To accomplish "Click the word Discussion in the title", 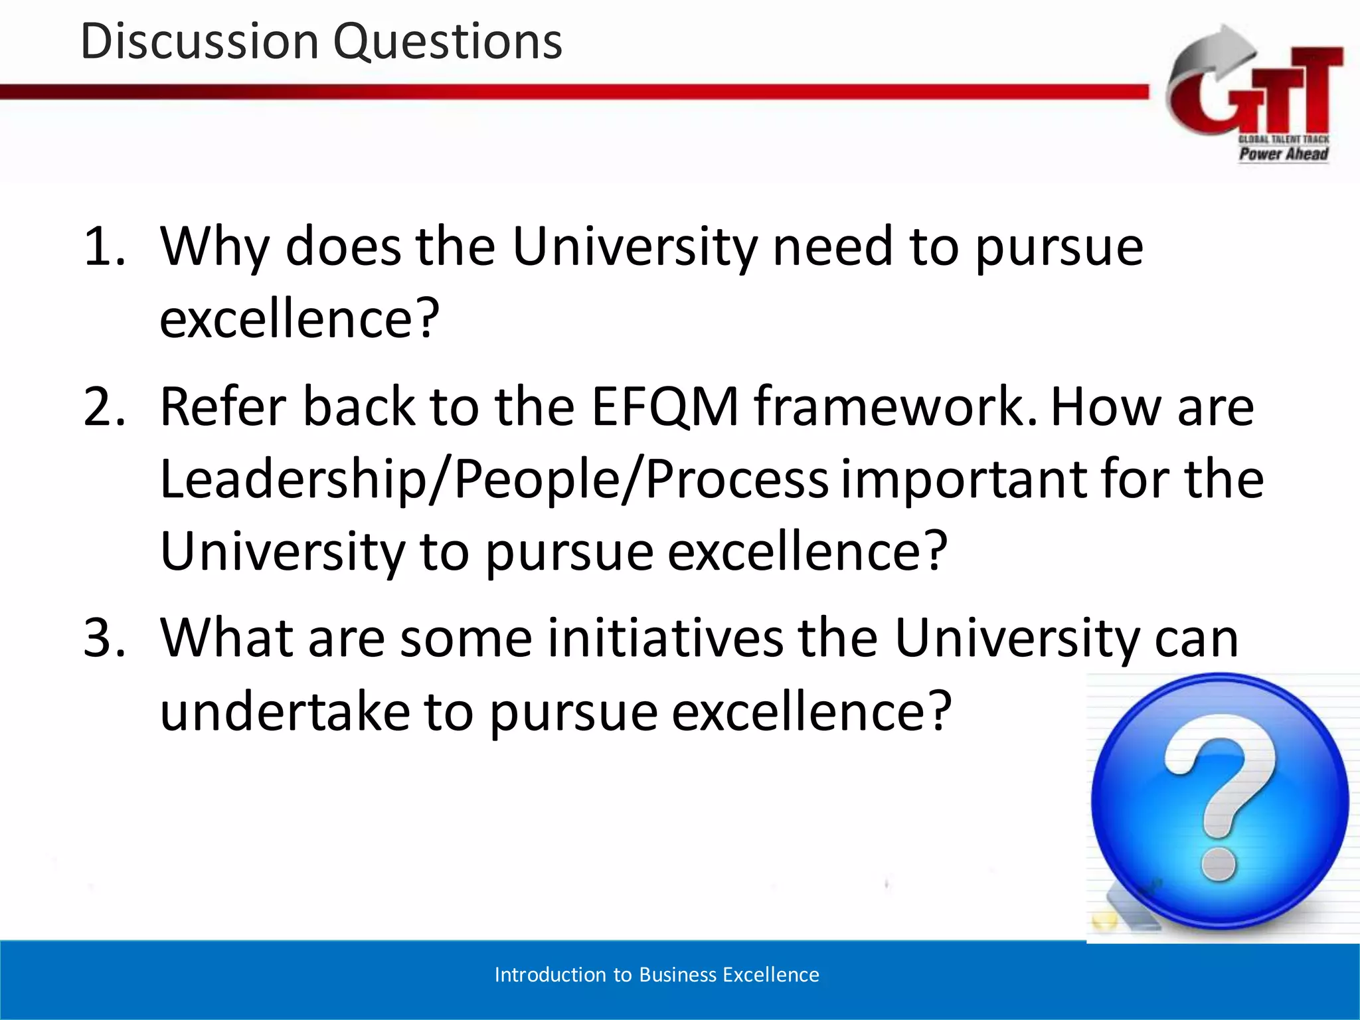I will pos(200,41).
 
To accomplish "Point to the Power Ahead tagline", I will pos(1283,154).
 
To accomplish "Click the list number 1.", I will pos(103,247).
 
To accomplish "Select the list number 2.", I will pos(104,406).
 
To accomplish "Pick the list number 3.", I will pos(104,638).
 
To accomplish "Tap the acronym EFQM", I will pos(665,406).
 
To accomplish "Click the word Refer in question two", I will pos(222,406).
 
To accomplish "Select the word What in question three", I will pos(226,638).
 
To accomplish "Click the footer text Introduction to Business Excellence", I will pos(657,975).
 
